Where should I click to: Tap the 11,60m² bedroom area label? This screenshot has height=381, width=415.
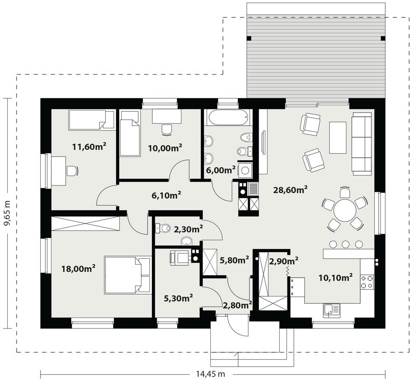click(89, 147)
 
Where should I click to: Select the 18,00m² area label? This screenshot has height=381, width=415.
click(78, 268)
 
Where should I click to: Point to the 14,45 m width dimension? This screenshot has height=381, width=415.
click(210, 374)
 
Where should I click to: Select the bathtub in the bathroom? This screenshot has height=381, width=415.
click(228, 117)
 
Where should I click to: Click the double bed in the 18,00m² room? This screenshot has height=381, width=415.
click(128, 275)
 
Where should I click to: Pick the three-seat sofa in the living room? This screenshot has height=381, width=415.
click(362, 144)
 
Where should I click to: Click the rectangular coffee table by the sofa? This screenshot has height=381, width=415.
click(338, 138)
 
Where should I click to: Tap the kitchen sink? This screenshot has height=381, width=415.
click(330, 310)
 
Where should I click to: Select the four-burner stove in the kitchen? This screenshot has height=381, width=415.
click(367, 282)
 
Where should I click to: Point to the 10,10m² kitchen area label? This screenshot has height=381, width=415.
click(336, 278)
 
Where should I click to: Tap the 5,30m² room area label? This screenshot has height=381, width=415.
click(178, 298)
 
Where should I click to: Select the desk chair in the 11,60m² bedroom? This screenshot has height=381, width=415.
click(72, 171)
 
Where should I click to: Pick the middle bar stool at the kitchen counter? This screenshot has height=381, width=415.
click(346, 244)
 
